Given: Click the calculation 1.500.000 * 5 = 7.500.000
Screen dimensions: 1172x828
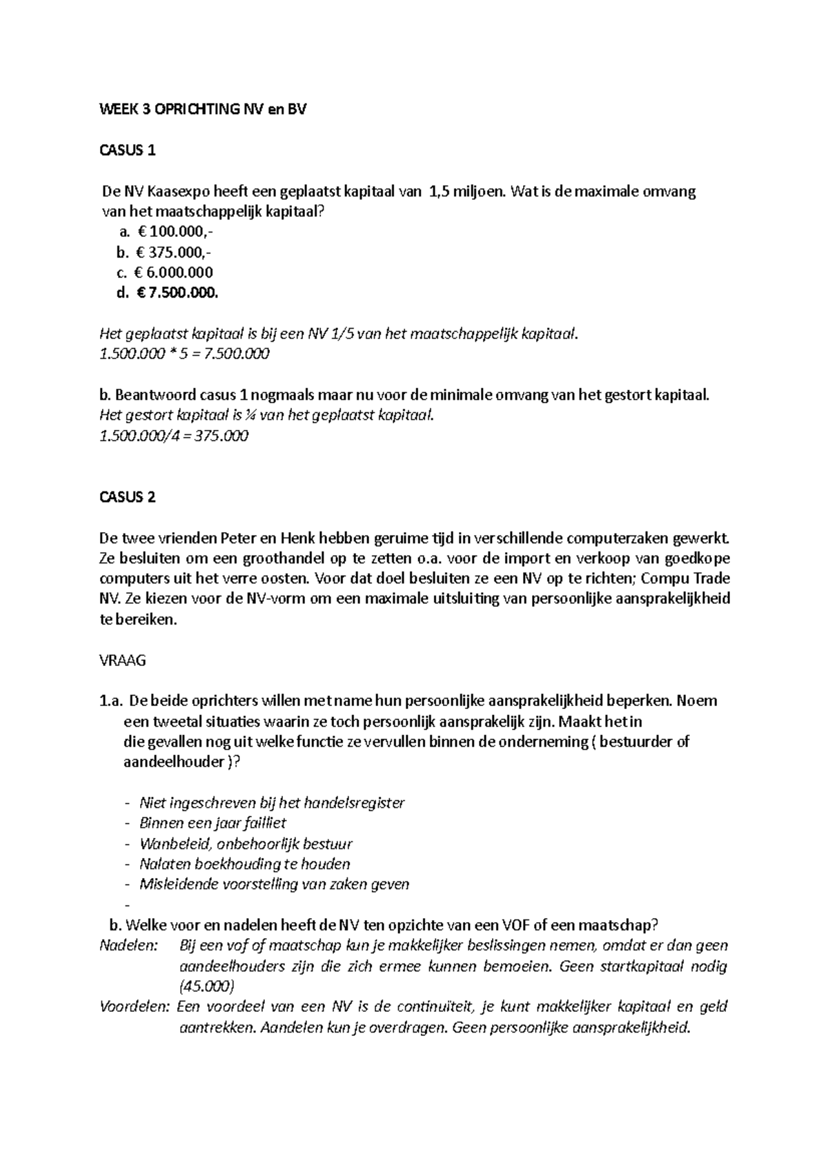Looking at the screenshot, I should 184,354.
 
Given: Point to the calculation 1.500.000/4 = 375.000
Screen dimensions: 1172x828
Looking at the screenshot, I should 174,436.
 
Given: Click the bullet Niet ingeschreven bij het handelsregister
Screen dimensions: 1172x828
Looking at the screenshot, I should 272,803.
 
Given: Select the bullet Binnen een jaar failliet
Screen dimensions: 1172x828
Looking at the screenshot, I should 213,823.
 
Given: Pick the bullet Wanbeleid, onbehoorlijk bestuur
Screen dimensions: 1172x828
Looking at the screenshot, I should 246,843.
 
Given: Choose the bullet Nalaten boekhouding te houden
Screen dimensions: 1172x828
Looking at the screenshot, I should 244,863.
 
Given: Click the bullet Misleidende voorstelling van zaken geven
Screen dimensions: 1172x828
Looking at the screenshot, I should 274,884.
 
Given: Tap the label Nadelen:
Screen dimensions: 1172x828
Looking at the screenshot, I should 128,946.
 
